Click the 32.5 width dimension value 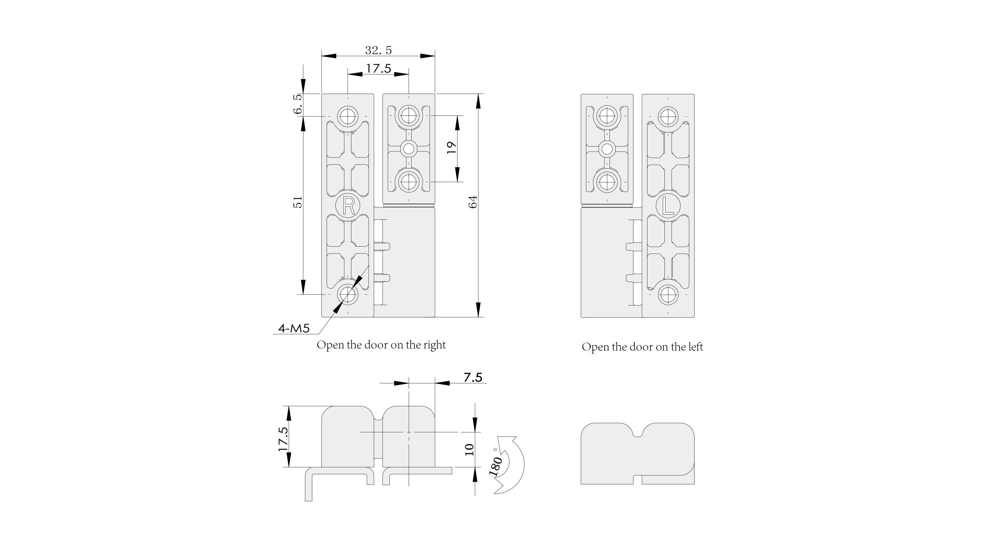tap(378, 50)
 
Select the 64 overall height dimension tap(473, 202)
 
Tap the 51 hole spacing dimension tap(298, 202)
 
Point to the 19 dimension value tap(452, 147)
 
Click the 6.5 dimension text tap(298, 104)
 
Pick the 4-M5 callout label tap(293, 328)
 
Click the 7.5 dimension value tap(473, 378)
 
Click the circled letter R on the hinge tap(348, 206)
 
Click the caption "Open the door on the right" tap(381, 345)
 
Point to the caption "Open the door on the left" tap(642, 347)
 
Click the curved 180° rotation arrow tap(515, 465)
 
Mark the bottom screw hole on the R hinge tap(347, 295)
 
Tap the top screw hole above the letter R tap(347, 115)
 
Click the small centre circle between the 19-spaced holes tap(409, 148)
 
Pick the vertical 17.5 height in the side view tap(283, 439)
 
